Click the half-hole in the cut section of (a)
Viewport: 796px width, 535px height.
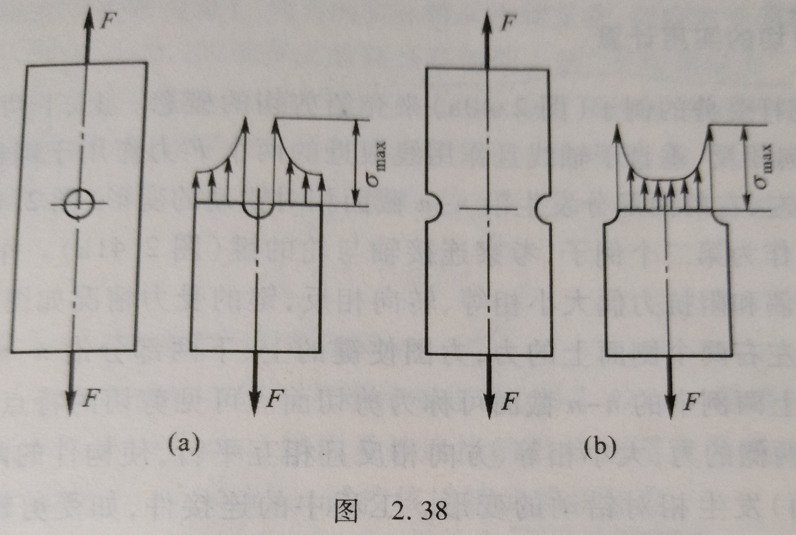point(258,210)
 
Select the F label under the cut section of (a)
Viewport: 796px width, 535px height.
point(274,399)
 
